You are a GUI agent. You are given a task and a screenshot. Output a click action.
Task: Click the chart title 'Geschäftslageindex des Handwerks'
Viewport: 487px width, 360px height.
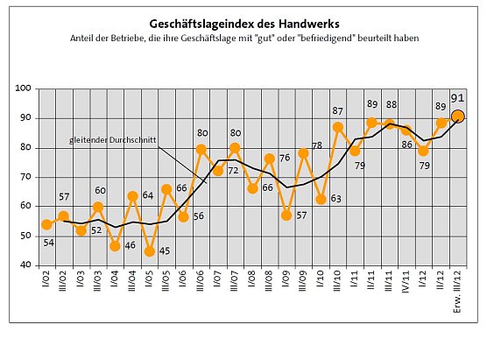(243, 25)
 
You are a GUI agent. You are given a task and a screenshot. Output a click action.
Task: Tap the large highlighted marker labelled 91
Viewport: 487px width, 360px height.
(458, 116)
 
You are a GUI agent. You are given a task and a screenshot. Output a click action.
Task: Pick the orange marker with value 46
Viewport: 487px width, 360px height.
(115, 246)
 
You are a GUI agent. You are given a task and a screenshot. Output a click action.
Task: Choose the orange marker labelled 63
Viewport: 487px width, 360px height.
(321, 199)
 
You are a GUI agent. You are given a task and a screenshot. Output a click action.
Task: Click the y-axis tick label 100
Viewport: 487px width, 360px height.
(24, 89)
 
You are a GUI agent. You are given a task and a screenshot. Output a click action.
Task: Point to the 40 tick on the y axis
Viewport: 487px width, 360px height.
(26, 265)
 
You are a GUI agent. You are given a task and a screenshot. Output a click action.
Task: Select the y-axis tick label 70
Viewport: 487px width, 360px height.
(26, 177)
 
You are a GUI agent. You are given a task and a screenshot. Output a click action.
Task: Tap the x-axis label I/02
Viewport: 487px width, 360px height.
(47, 284)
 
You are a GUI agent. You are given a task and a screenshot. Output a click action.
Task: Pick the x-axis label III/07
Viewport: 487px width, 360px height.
(235, 286)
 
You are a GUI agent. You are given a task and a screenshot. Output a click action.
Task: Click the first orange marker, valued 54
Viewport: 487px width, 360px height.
(46, 224)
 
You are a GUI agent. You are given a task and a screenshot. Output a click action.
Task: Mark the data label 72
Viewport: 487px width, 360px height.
(235, 172)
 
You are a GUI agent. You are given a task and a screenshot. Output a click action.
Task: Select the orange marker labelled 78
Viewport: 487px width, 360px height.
(303, 153)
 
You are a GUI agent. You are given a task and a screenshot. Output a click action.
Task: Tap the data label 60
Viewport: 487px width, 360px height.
(100, 190)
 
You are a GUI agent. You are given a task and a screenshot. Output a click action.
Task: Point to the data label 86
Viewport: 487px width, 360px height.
(407, 145)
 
